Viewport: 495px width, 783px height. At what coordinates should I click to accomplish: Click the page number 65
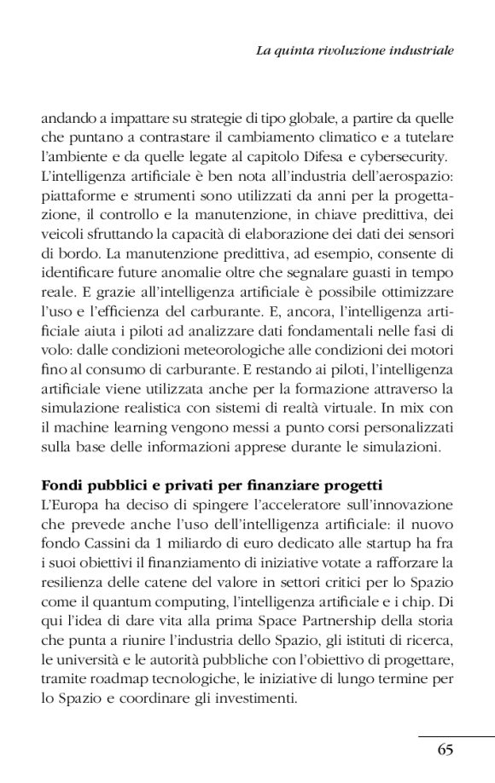point(444,750)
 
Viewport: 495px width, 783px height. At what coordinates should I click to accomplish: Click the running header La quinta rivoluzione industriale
point(354,51)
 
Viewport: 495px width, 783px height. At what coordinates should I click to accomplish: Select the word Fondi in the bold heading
point(61,486)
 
